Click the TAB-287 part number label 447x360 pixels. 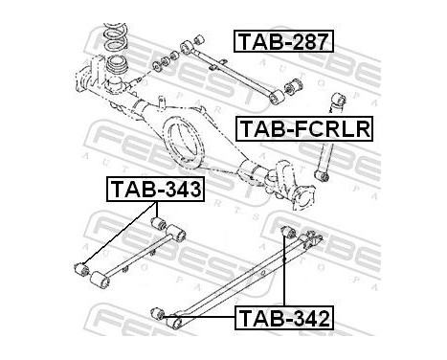[282, 41]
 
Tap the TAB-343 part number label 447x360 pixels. [154, 189]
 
